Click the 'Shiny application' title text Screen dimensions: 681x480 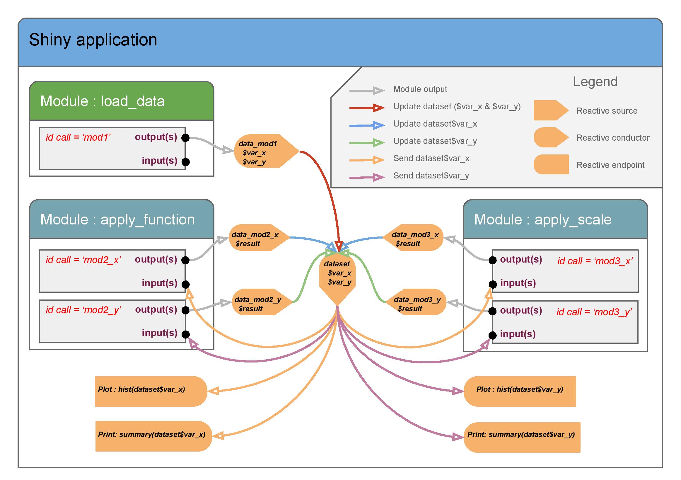[93, 40]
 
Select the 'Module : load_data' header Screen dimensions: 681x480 [122, 101]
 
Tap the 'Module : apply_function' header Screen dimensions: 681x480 [122, 219]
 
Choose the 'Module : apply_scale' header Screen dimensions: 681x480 [555, 219]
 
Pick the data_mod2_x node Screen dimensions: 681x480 [259, 238]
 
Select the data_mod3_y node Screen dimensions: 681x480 [416, 302]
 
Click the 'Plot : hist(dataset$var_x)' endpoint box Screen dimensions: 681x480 [151, 391]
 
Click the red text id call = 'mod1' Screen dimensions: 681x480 [78, 137]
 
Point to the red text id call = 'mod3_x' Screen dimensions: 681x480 [595, 261]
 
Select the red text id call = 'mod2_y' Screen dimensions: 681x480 [83, 310]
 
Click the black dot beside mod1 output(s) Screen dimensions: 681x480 [185, 138]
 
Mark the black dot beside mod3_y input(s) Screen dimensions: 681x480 [493, 335]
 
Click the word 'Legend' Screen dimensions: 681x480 [595, 81]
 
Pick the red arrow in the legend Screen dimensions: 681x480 [367, 108]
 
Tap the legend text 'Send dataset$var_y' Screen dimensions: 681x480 [431, 176]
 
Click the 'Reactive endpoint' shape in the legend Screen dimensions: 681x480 [551, 164]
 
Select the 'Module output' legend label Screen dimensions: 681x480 [420, 89]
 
